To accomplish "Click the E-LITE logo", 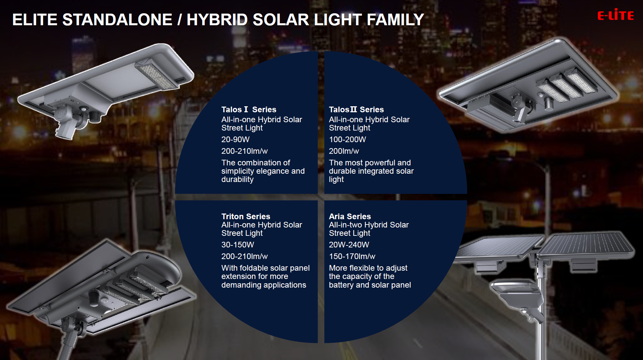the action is (x=615, y=15).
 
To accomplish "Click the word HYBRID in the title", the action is (x=217, y=20).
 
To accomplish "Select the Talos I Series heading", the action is (x=249, y=110).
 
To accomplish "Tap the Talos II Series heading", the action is (x=356, y=110).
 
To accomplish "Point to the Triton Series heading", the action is (x=246, y=217).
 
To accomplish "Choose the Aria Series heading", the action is (x=350, y=217).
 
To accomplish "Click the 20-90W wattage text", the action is (x=235, y=139).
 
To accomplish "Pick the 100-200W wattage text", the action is (x=347, y=139).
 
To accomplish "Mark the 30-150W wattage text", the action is (x=238, y=245).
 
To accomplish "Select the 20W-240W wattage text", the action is (x=349, y=245).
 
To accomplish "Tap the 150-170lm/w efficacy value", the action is (x=352, y=256).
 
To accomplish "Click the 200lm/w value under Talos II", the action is (x=344, y=151).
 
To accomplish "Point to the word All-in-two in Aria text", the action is (x=346, y=225).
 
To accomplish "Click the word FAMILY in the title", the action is (x=395, y=20).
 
